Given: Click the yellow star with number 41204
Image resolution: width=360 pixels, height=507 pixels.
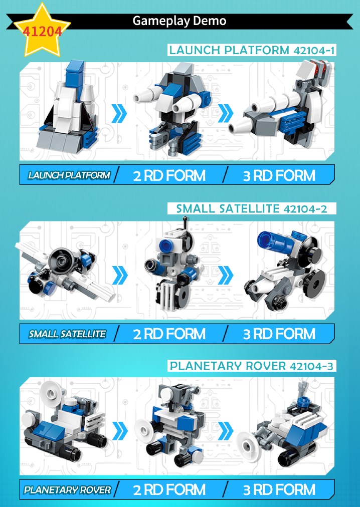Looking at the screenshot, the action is coord(42,31).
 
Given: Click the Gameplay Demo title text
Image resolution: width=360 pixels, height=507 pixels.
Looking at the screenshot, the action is coord(179,21).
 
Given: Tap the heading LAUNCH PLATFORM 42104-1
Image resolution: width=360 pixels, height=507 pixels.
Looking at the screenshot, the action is coord(252,50).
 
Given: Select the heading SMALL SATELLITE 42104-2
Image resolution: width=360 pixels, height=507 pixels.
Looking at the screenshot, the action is coord(252,208).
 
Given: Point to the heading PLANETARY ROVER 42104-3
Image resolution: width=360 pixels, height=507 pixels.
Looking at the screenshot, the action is coord(252,366).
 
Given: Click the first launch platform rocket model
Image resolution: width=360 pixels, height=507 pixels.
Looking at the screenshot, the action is coord(68,105).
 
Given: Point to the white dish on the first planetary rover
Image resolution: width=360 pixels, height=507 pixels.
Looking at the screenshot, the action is coord(51,392).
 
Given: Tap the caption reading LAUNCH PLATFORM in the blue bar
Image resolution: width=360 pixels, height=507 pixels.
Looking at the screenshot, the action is coord(69,175).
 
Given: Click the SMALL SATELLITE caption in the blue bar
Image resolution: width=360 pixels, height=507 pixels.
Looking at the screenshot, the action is coord(67,334).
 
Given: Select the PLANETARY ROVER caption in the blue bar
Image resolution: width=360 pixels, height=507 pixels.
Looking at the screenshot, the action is coord(67,490).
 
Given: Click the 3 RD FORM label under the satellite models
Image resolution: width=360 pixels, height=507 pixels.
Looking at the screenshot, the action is coord(279,334).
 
